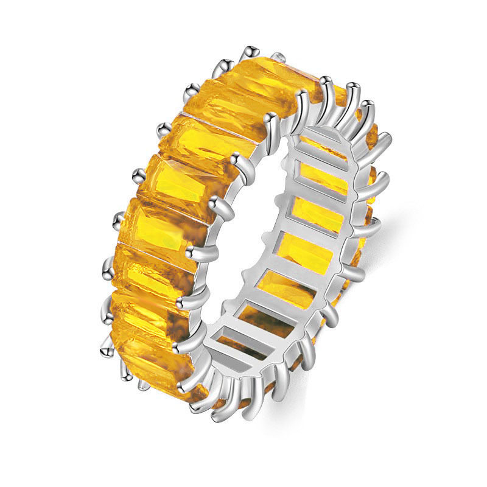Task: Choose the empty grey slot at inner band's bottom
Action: pos(234,341)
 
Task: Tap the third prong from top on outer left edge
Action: pos(163,128)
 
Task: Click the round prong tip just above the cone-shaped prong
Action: pos(105,317)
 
